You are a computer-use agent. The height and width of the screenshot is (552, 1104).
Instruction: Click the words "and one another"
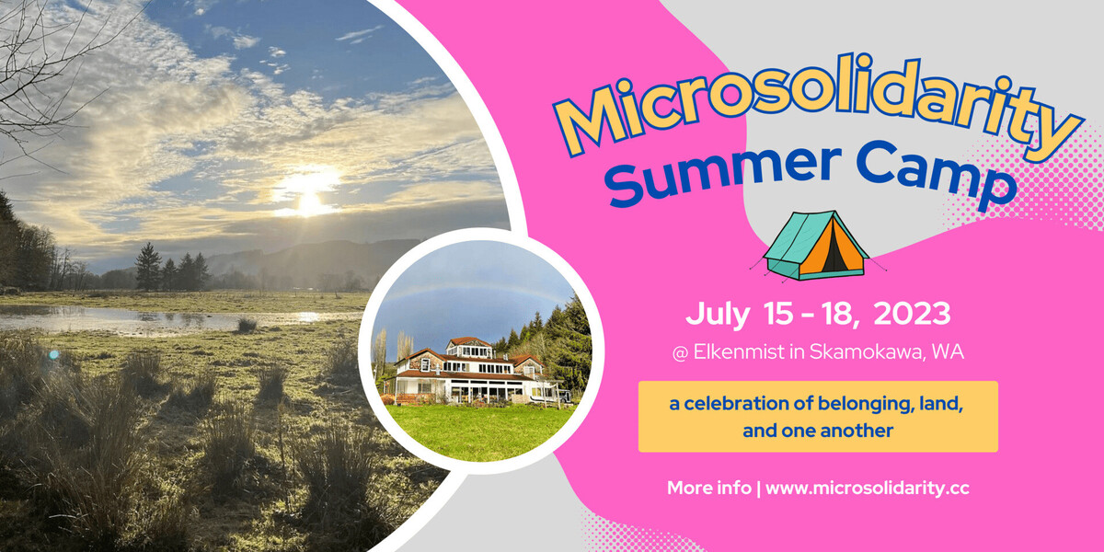click(x=818, y=430)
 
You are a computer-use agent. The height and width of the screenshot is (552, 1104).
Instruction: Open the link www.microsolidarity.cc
click(x=868, y=489)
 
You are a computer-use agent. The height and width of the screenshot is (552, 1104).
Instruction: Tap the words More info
click(x=708, y=489)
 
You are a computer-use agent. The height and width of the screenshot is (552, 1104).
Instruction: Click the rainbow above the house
click(x=469, y=287)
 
